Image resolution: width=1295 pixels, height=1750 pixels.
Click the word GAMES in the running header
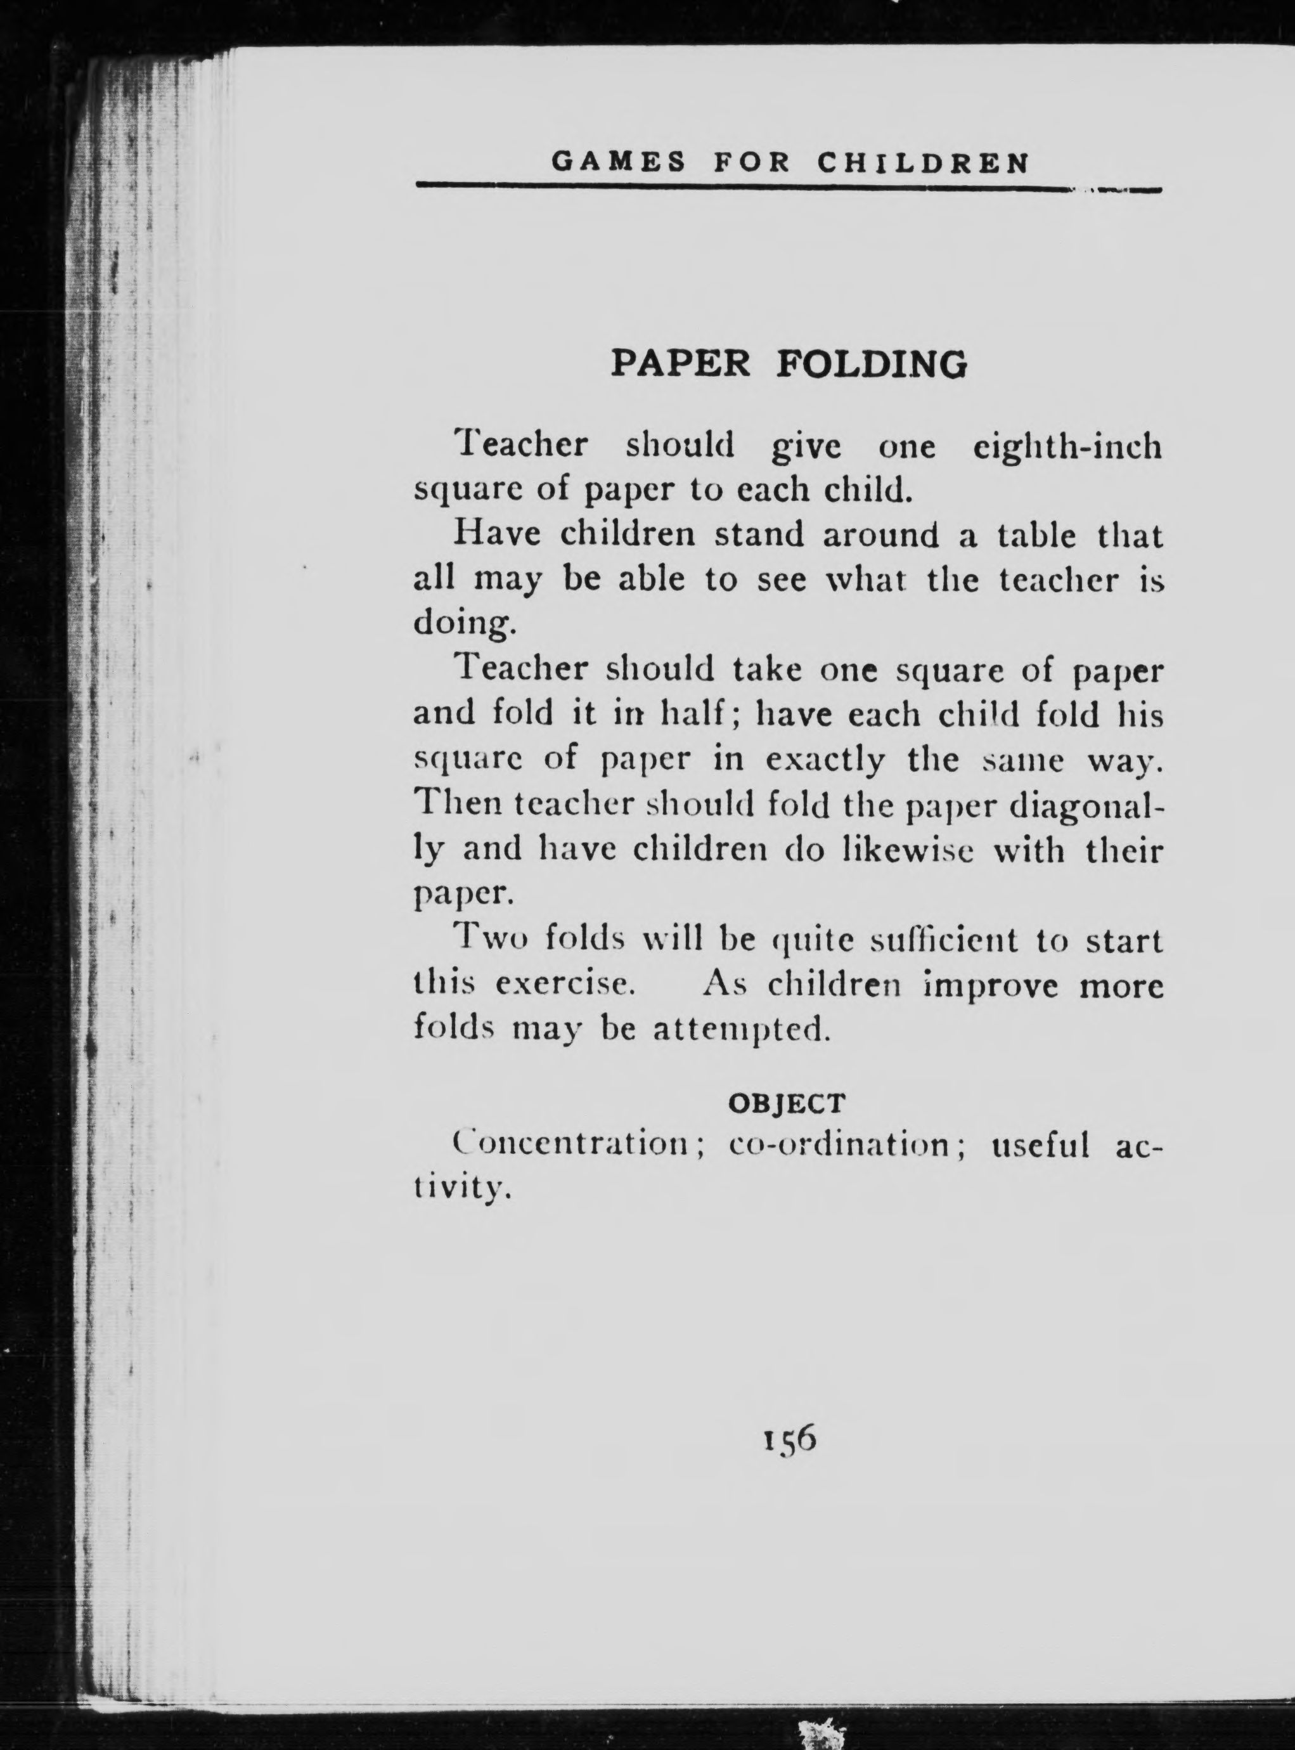[x=619, y=162]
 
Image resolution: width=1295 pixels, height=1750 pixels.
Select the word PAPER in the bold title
[x=680, y=364]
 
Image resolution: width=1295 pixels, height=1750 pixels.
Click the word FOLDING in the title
[x=872, y=364]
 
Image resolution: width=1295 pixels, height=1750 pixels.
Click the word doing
[x=464, y=624]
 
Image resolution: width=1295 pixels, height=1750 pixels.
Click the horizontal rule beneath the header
[x=787, y=188]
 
